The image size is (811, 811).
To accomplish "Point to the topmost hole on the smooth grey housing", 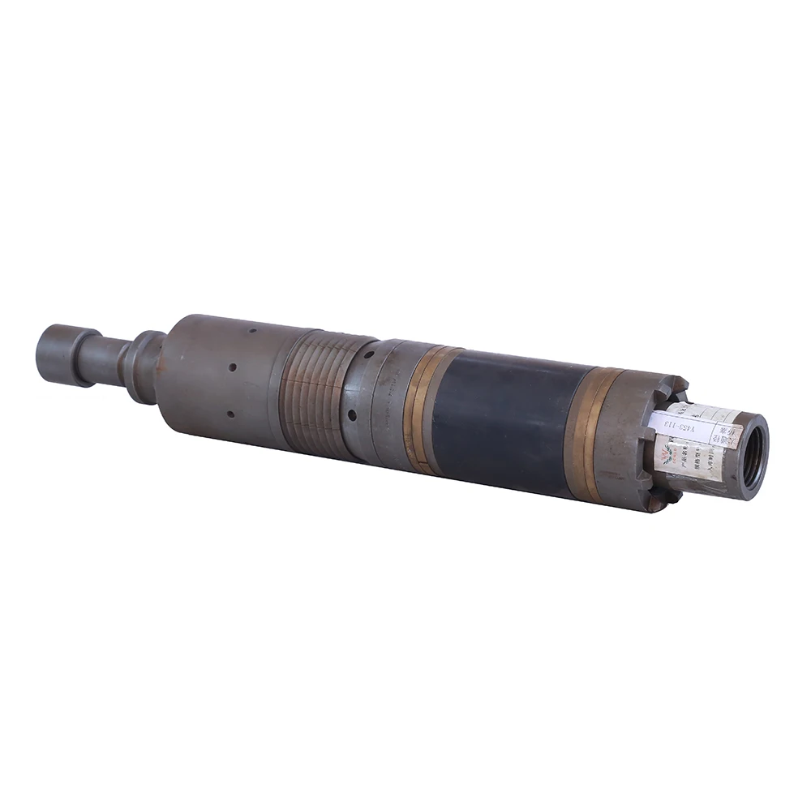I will [x=252, y=331].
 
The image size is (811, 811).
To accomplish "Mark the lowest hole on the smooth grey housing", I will [x=230, y=414].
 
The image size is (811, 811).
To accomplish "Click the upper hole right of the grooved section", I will [x=367, y=354].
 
